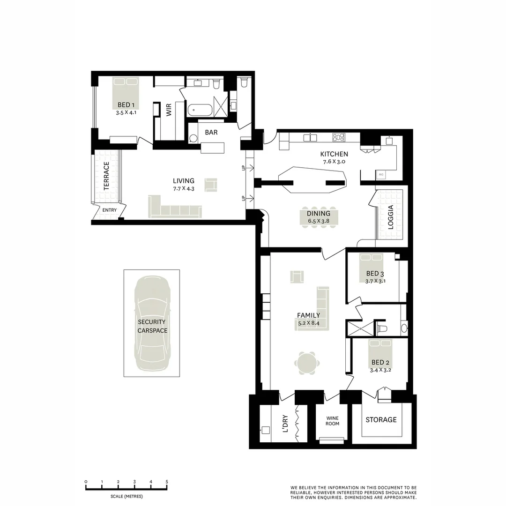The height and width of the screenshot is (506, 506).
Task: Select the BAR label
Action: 211,133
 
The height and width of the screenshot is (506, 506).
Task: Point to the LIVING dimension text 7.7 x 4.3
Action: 183,188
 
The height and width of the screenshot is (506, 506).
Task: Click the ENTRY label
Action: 110,210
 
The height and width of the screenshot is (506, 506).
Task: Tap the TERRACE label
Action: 106,176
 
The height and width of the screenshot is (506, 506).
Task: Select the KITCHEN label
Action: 334,154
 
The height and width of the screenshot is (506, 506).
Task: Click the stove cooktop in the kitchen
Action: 339,137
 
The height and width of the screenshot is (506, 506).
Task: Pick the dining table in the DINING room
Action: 319,217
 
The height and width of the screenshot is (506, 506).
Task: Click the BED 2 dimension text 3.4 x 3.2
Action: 380,370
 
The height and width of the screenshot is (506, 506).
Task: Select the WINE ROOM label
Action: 333,420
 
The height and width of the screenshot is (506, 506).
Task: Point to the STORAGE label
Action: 381,420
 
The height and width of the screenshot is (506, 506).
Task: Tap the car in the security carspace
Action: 151,323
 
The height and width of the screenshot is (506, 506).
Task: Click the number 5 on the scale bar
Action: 167,482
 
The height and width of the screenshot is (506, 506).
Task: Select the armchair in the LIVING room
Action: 211,184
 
